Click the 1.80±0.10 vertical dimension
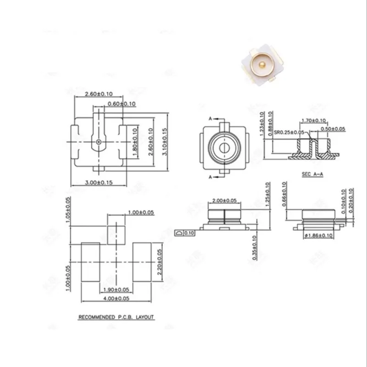(135, 142)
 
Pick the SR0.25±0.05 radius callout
(291, 133)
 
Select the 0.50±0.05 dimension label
(333, 129)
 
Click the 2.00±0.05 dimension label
(225, 201)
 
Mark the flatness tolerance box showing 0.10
(184, 234)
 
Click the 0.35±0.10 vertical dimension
(255, 248)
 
